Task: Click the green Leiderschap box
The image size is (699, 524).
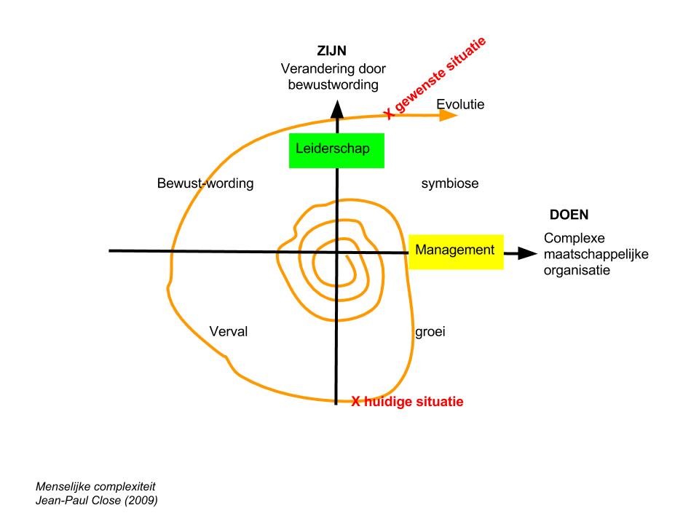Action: [336, 150]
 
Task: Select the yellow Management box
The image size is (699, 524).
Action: [455, 250]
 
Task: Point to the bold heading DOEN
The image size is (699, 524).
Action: [569, 216]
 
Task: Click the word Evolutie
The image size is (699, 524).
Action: [460, 105]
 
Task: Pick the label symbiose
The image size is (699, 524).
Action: [449, 183]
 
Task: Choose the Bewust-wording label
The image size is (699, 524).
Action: [205, 183]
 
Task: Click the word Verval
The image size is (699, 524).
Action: [229, 332]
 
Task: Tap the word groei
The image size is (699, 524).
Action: [430, 332]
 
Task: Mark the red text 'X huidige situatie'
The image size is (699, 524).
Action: [407, 401]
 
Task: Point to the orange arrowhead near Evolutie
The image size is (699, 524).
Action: [449, 115]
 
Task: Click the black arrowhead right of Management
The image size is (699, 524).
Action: [527, 253]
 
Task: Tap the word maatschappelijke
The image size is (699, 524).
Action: [596, 254]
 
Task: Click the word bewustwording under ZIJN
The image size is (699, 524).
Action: [333, 84]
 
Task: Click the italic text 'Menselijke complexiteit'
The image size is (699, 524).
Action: [95, 485]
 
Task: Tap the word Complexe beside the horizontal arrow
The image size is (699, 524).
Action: [574, 239]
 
